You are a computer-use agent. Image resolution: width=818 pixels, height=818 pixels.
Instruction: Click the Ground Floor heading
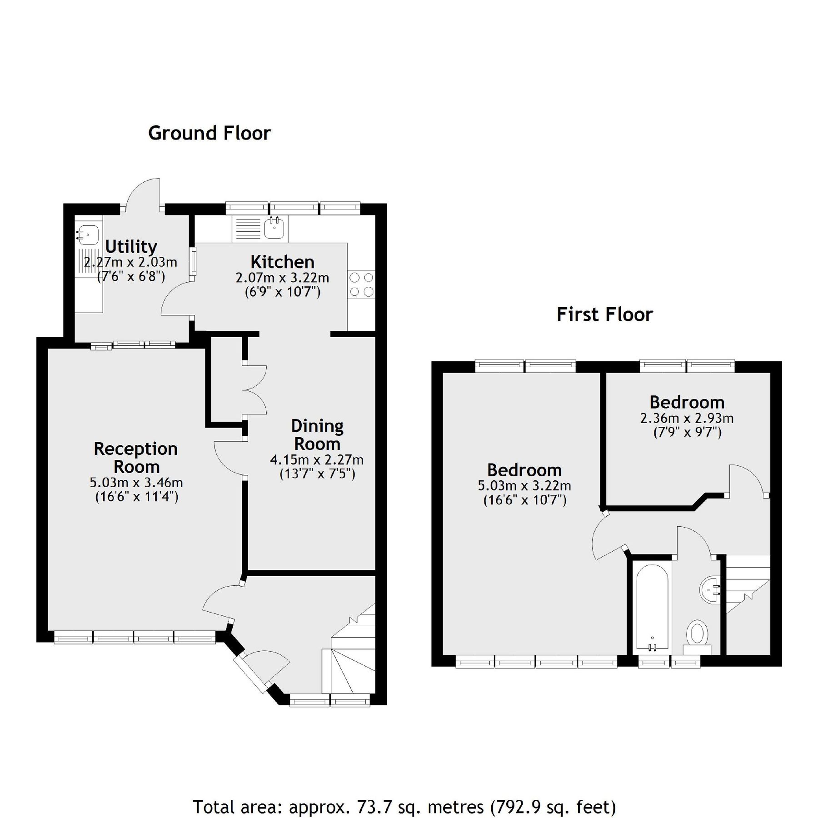point(209,133)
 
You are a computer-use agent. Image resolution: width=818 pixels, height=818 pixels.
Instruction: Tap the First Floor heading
point(604,314)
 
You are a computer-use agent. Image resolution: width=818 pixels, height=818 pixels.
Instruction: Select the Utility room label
point(131,246)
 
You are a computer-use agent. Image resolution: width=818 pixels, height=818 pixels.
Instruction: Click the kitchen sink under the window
point(274,228)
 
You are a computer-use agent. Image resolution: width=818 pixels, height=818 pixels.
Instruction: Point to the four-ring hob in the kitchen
point(362,284)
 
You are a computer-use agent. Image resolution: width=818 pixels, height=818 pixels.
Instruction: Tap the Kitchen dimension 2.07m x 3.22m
point(282,277)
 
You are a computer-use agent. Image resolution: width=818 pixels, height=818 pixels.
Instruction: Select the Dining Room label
point(317,434)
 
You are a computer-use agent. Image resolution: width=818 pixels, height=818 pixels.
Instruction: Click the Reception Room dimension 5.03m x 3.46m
point(136,482)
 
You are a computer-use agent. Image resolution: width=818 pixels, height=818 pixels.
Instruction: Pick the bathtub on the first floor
point(652,607)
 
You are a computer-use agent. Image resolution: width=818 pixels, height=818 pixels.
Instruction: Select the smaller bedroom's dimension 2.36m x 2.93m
point(687,418)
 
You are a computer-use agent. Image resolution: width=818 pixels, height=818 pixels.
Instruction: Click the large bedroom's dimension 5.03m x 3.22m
point(524,485)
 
